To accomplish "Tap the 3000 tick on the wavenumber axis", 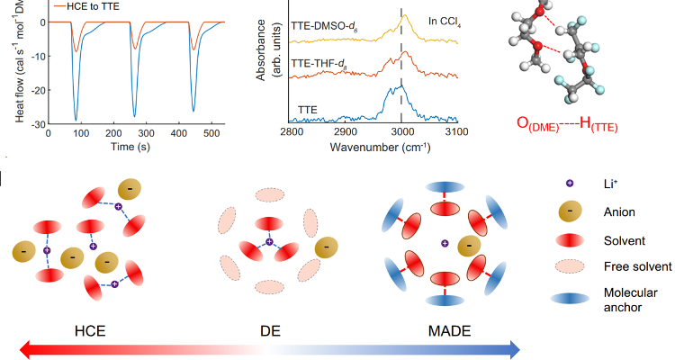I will pos(402,132).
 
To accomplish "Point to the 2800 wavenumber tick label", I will pos(291,132).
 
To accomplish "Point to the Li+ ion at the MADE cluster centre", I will pos(445,244).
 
